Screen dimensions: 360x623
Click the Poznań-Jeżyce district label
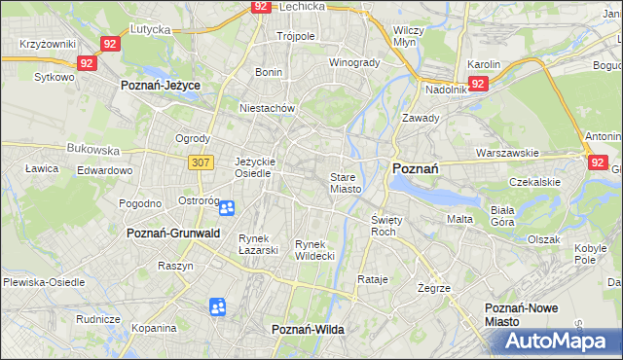tap(161, 86)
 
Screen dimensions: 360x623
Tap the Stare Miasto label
tap(346, 183)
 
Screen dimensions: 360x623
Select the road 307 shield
tap(202, 162)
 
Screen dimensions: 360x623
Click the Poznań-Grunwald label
tap(173, 234)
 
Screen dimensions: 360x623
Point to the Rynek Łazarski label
tap(259, 244)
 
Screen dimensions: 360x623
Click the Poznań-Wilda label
tap(308, 330)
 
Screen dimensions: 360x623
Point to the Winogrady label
tap(354, 62)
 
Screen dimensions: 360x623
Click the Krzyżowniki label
tap(48, 46)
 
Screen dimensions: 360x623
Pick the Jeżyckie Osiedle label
tap(256, 167)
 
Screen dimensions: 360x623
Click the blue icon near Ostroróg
tap(226, 207)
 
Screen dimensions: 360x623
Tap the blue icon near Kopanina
tap(217, 307)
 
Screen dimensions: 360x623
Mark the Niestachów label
tap(267, 108)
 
